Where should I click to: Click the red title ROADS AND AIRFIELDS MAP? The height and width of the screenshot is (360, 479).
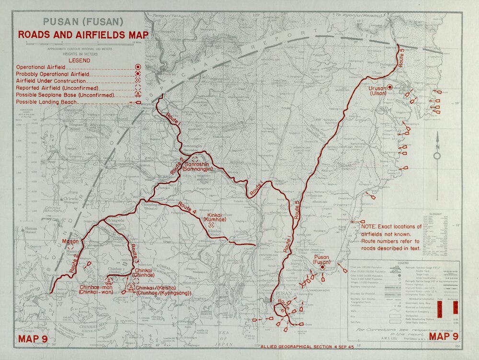pyautogui.click(x=83, y=34)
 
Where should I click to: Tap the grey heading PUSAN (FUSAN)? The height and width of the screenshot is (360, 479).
pyautogui.click(x=83, y=22)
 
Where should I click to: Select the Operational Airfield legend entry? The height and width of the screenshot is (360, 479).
pyautogui.click(x=41, y=67)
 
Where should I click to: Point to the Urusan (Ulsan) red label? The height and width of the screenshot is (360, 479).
pyautogui.click(x=378, y=91)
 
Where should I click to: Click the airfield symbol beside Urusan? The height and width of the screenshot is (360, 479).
pyautogui.click(x=390, y=87)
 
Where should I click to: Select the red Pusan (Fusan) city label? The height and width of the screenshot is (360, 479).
pyautogui.click(x=323, y=259)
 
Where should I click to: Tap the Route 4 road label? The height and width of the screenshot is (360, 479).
pyautogui.click(x=187, y=207)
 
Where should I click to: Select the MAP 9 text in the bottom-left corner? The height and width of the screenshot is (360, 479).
pyautogui.click(x=33, y=339)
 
